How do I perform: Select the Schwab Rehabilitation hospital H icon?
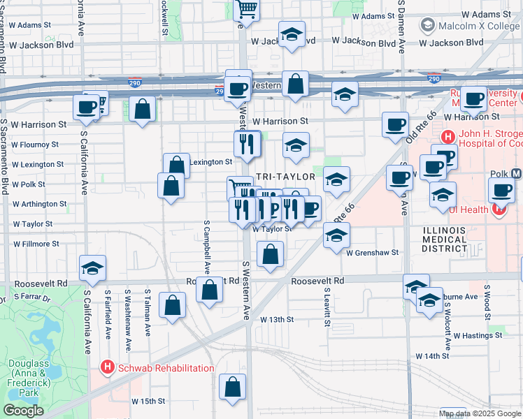(x=107, y=366)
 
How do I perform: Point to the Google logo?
(x=23, y=410)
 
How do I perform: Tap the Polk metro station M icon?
(x=517, y=172)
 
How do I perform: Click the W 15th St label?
(x=148, y=402)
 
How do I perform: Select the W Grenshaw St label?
(x=372, y=252)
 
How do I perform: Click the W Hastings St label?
(x=478, y=335)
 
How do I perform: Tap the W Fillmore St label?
(x=36, y=244)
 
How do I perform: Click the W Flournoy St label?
(x=35, y=145)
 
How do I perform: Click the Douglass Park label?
(x=29, y=378)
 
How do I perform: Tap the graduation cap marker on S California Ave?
(x=92, y=268)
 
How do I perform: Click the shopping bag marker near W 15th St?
(x=233, y=387)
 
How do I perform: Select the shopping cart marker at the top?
(x=247, y=10)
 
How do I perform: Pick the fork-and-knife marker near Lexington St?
(x=246, y=144)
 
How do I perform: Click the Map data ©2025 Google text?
(x=480, y=413)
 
